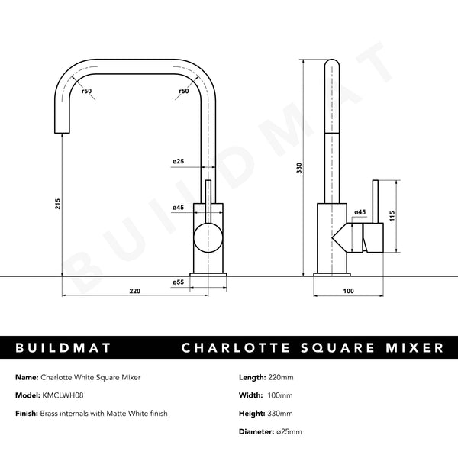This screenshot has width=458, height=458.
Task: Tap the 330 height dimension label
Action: tap(300, 166)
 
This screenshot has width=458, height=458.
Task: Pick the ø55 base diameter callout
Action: tap(178, 282)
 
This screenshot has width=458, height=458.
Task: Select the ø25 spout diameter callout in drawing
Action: tap(178, 161)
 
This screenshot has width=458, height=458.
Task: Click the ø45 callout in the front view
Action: tap(178, 207)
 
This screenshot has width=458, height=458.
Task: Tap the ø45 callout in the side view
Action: tap(360, 211)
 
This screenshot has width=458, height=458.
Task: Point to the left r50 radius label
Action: tap(88, 92)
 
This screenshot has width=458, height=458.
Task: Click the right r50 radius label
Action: tap(183, 92)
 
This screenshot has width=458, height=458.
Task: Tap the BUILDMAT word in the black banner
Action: tap(64, 348)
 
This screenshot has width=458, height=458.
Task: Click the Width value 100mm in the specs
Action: tap(282, 395)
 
